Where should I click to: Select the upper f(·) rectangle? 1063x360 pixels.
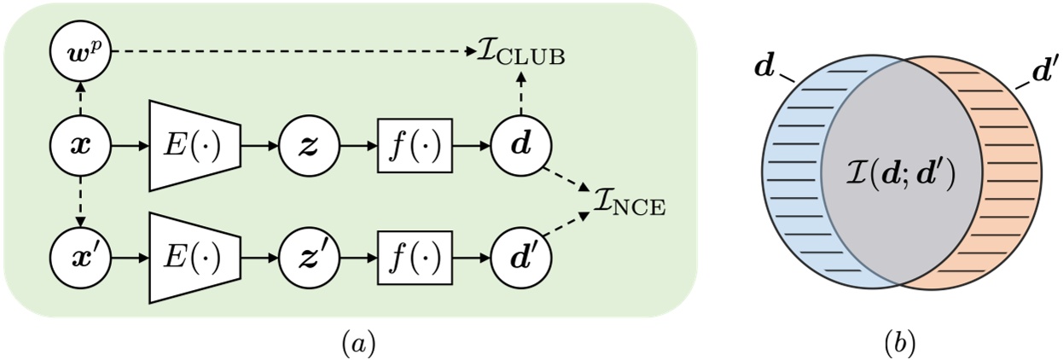[x=415, y=145]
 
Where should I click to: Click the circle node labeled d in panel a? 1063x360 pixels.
[x=521, y=145]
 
